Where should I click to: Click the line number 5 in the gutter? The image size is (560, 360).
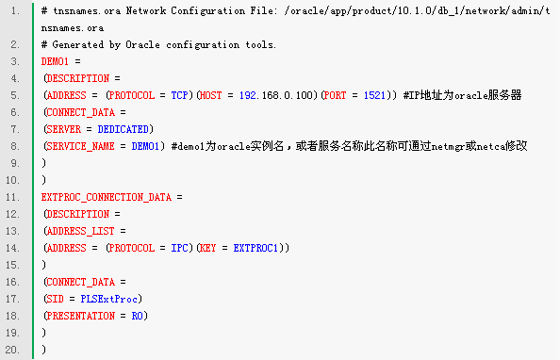[15, 95]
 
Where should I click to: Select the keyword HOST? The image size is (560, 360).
[211, 95]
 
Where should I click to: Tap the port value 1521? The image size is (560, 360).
[374, 95]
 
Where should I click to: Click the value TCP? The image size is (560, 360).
[179, 95]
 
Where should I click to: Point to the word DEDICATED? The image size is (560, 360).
[123, 129]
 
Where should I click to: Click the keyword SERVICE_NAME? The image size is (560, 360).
[81, 146]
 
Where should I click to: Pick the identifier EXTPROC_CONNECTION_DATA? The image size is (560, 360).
[107, 197]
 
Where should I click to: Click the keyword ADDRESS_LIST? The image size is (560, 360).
[81, 231]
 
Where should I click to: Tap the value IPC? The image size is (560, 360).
[179, 248]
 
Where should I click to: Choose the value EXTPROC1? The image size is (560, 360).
[255, 248]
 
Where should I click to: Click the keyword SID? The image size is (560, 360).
[56, 299]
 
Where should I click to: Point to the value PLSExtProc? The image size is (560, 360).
[109, 299]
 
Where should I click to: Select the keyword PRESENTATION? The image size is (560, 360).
[81, 316]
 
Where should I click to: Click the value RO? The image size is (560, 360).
[137, 316]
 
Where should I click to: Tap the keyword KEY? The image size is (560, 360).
[207, 248]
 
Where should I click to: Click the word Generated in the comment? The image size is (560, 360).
[78, 44]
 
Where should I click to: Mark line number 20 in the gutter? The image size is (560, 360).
[12, 350]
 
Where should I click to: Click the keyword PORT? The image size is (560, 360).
[336, 95]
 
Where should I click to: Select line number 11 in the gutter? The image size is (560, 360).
[12, 197]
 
